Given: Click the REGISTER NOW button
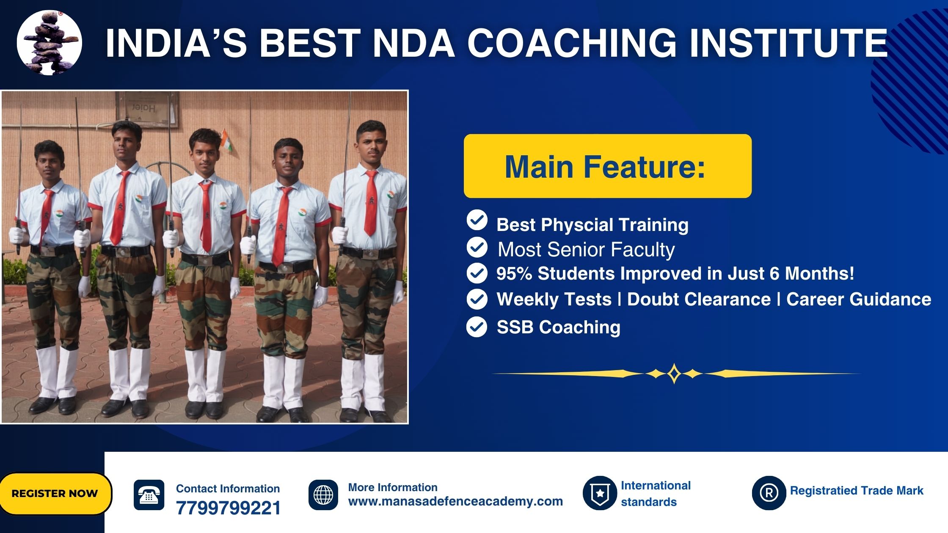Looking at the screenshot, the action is [55, 494].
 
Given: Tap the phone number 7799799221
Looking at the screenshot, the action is [228, 508].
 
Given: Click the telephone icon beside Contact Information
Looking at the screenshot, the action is [149, 495].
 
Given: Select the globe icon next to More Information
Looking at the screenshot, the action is [323, 495].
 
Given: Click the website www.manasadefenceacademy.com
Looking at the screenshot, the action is [455, 502].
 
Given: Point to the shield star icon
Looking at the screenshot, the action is [600, 493].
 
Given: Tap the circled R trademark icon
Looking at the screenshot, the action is [769, 493].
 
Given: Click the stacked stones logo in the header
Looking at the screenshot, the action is [50, 42].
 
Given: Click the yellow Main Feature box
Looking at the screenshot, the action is [608, 166].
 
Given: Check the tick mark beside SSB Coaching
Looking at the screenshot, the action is [477, 327].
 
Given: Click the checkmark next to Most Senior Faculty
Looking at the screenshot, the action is [477, 247].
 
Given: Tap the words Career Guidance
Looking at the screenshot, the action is [859, 299].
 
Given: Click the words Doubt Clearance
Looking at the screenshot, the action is [699, 299].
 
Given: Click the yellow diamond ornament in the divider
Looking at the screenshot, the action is [674, 374].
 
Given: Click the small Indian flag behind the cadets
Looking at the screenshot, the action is [226, 140].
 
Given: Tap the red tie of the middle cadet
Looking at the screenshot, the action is [206, 216].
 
